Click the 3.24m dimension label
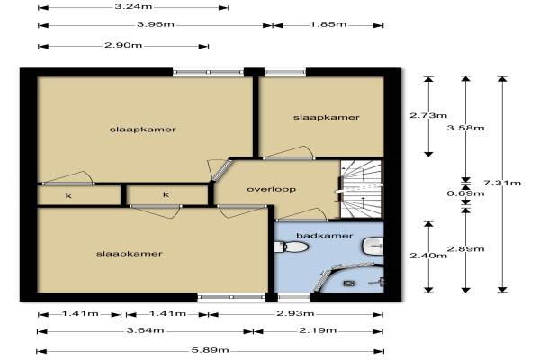[x=133, y=6]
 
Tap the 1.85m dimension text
[x=328, y=24]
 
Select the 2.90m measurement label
[x=123, y=46]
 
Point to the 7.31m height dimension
[x=502, y=183]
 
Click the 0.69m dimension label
[x=465, y=193]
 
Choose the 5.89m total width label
[x=210, y=350]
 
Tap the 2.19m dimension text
[x=318, y=330]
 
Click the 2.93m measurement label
[x=295, y=313]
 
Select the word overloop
[x=272, y=189]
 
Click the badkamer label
[x=324, y=236]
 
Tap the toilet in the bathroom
[x=291, y=247]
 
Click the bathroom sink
[x=373, y=246]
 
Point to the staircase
[x=362, y=189]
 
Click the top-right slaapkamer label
[x=326, y=118]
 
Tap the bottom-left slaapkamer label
[x=129, y=254]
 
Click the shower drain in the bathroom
[x=349, y=283]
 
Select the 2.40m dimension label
[x=428, y=256]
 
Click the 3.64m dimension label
[x=145, y=330]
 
